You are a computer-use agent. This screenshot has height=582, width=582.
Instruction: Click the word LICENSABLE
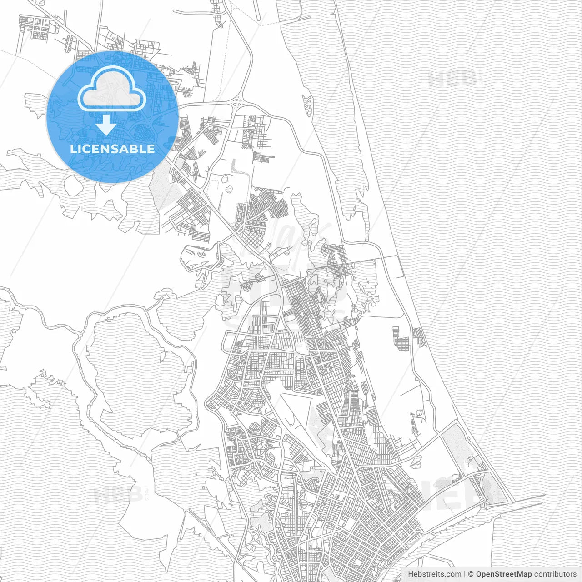pos(112,149)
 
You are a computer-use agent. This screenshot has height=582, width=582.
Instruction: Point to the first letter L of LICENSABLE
pos(73,149)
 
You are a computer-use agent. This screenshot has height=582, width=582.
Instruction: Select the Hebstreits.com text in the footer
pos(434,574)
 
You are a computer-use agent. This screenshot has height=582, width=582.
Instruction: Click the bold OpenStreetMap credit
pos(503,574)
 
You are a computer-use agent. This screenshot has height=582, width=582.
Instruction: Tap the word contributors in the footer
pos(555,574)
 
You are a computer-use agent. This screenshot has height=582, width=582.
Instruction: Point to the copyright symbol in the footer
pos(471,574)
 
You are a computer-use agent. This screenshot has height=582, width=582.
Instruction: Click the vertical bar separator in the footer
pos(465,574)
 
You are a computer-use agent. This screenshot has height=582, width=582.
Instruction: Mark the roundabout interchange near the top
pos(238,104)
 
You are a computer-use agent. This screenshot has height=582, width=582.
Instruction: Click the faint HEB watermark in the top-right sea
pos(452,80)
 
